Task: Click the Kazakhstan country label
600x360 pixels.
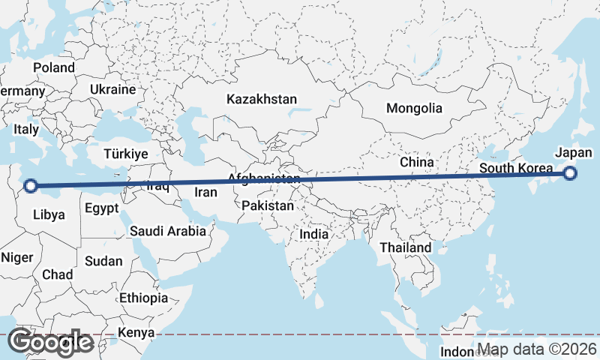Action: coord(262,99)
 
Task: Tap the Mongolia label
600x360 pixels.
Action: coord(414,108)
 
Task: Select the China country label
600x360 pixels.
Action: coord(416,162)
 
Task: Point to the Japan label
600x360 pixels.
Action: coord(574,153)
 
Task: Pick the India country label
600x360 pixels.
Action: coord(314,234)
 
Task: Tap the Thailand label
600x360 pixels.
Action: coord(406,247)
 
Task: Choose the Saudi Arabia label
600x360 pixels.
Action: coord(168,231)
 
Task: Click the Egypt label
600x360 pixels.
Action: coord(102,208)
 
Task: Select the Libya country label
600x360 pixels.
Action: coord(49,214)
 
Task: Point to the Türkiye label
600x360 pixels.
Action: coord(126,153)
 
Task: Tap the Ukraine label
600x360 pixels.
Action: coord(112,89)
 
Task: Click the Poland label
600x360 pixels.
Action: coord(54,67)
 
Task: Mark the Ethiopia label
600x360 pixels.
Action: coord(143,298)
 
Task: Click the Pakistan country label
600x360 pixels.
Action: coord(268,205)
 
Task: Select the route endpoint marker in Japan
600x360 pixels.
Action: coord(570,174)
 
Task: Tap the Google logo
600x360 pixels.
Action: coord(50,342)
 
